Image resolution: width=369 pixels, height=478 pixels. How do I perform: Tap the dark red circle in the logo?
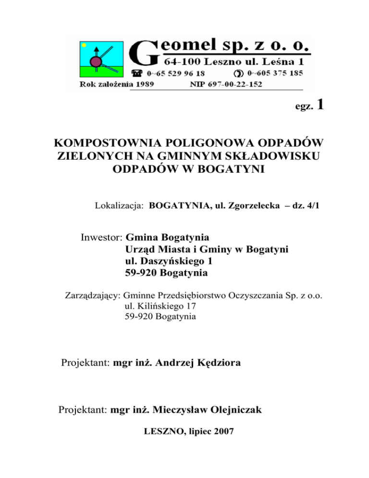point(97,61)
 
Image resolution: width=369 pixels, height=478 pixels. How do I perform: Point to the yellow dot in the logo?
point(84,45)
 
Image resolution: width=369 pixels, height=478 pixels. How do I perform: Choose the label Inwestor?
point(101,237)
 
